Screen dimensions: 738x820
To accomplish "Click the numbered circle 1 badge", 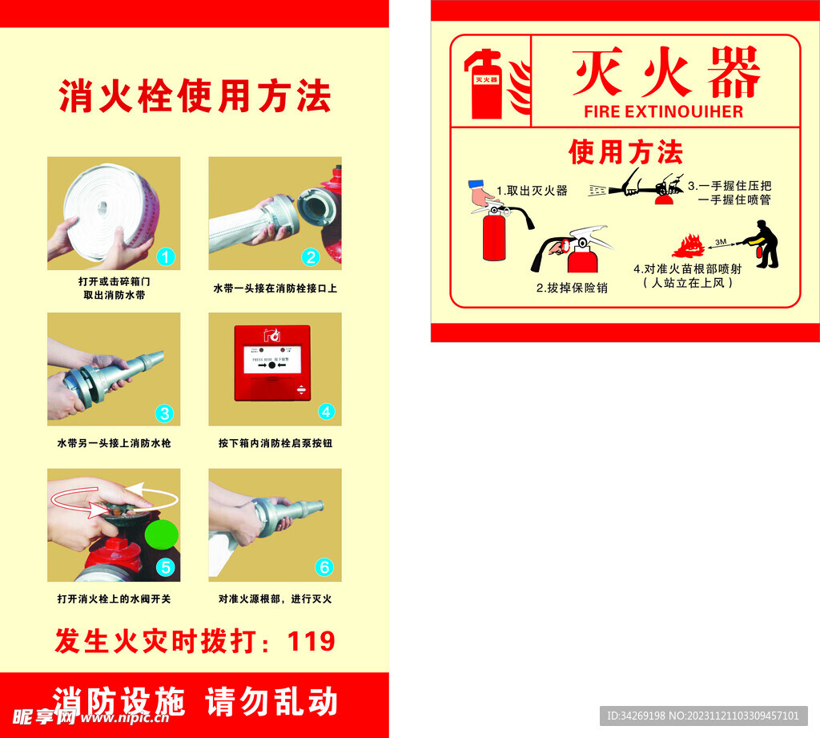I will [x=165, y=256].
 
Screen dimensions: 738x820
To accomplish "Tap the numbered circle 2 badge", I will [x=311, y=256].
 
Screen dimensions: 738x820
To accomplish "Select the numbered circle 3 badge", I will [x=164, y=413].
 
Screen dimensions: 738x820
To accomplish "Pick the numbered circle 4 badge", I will [x=326, y=412].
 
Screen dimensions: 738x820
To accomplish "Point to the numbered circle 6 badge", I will [x=324, y=567].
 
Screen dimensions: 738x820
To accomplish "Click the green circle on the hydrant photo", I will [x=162, y=532].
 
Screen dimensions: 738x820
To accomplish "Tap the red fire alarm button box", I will [x=272, y=363].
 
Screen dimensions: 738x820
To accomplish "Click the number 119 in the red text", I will [x=311, y=641].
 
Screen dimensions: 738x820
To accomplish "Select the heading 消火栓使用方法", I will [x=195, y=97].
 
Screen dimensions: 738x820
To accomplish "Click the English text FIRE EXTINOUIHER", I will [x=664, y=111].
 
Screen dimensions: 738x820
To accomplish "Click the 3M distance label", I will [x=721, y=240].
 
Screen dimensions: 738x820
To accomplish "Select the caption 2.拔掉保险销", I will [x=572, y=288].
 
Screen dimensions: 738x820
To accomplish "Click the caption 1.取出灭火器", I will [x=532, y=191].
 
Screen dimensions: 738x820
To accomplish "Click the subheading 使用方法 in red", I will [x=625, y=151].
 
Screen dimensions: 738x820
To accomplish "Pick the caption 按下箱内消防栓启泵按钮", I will [x=275, y=443].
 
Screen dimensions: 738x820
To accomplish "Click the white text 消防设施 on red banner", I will [x=119, y=701].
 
